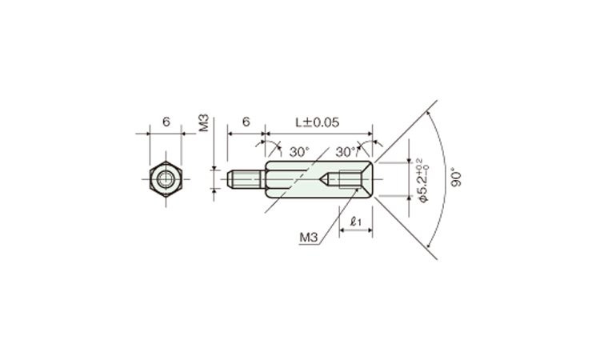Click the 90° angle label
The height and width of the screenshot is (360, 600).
[x=456, y=177]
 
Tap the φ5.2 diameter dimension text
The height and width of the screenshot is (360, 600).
[x=422, y=180]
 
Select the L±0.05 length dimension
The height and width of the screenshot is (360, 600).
[x=318, y=122]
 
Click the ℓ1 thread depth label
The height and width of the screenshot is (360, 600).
[x=356, y=221]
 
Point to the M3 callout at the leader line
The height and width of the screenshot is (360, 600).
[x=309, y=238]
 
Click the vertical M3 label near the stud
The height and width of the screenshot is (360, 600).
[x=204, y=122]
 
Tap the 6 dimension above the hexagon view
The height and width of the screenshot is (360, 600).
[x=166, y=122]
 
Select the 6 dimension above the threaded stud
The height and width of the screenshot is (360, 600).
[x=246, y=122]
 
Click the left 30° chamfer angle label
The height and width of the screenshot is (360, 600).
[x=299, y=152]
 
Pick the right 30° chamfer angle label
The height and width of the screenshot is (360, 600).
[x=346, y=152]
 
